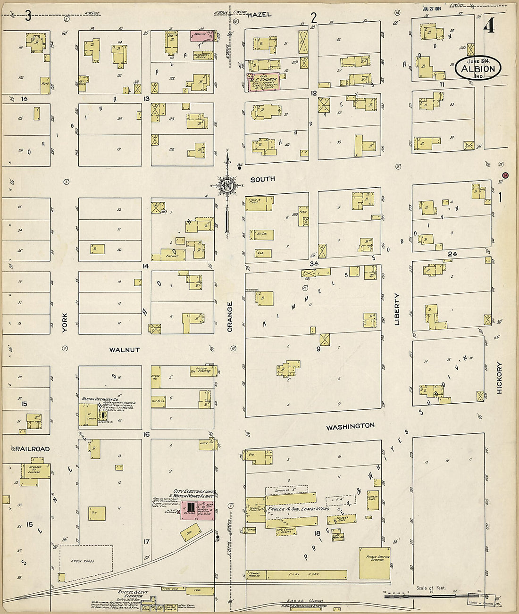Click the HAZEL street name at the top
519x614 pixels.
point(259,15)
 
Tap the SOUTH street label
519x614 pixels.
point(262,180)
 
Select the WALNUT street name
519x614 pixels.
point(125,350)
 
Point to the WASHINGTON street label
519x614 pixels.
point(351,426)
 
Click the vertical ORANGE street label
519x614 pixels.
point(230,317)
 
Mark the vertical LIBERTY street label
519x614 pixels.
point(397,309)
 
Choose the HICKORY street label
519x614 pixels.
point(499,378)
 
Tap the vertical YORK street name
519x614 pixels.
point(65,323)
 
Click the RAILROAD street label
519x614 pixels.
point(32,449)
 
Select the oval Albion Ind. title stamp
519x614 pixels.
point(477,68)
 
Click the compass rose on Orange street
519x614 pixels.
point(227,185)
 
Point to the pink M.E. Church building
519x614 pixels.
point(263,81)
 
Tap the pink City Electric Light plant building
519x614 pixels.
point(198,510)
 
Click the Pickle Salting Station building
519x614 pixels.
point(374,563)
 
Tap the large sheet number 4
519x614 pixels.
point(489,25)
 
